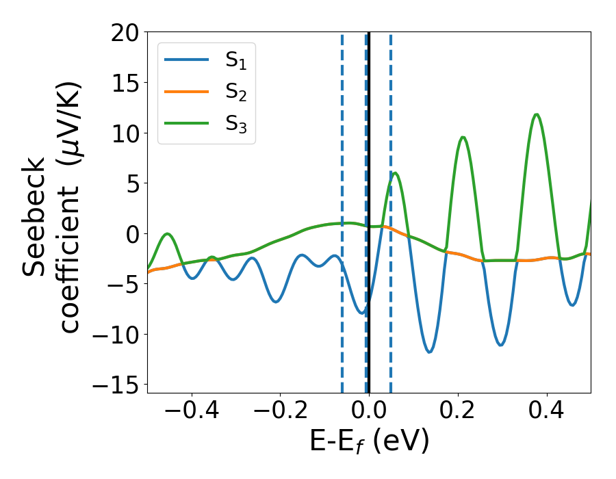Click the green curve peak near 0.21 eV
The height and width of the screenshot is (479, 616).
[463, 137]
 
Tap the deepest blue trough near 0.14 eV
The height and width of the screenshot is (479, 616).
[429, 352]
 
